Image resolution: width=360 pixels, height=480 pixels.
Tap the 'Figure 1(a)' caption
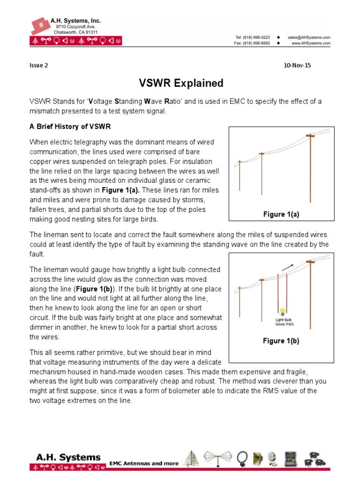[x=281, y=214]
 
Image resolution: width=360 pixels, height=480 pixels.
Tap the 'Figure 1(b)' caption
[x=281, y=341]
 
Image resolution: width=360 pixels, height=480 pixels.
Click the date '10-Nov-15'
[x=297, y=66]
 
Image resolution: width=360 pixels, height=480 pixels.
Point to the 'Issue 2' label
[x=38, y=66]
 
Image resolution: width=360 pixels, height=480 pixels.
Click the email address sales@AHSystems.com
[x=309, y=37]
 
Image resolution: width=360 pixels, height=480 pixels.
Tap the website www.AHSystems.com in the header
[x=311, y=43]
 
